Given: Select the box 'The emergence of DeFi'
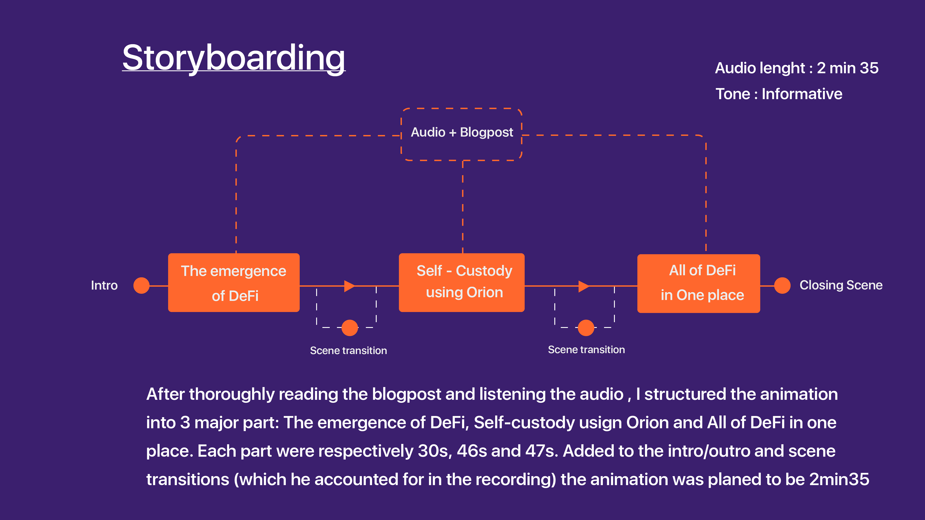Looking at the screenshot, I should tap(234, 283).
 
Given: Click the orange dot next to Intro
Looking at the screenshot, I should tap(141, 286).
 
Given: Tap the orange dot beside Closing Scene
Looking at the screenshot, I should tap(782, 286).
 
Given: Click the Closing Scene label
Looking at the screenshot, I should tap(841, 285).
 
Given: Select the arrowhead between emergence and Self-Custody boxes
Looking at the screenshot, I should tap(349, 286).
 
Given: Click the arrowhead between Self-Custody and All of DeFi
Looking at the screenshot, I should tap(583, 286).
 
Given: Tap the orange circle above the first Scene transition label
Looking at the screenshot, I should tap(350, 328).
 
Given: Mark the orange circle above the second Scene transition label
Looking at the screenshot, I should tap(586, 328).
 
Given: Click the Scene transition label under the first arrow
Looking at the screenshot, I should tap(348, 351).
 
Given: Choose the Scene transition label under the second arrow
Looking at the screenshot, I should tap(586, 350).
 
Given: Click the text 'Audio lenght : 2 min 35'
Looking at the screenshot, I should tap(796, 68).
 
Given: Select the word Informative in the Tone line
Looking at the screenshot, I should tap(802, 94).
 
